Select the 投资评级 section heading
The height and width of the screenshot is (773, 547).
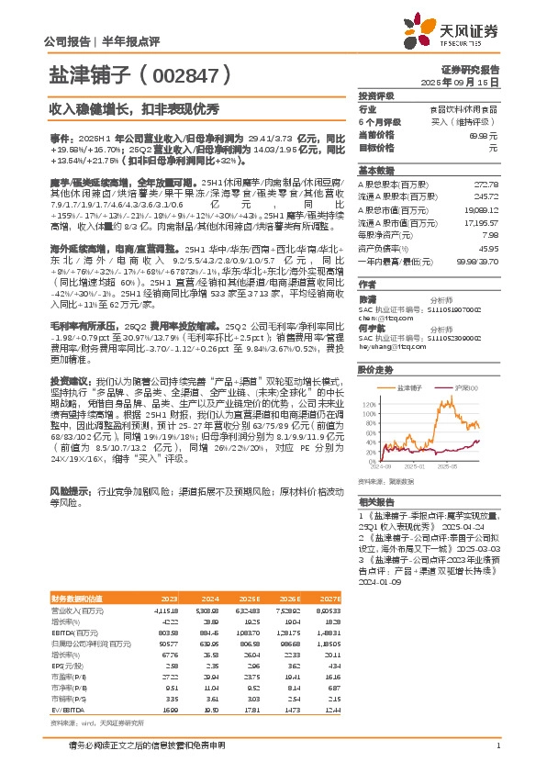click(376, 95)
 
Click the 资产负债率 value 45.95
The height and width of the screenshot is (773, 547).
click(489, 251)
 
